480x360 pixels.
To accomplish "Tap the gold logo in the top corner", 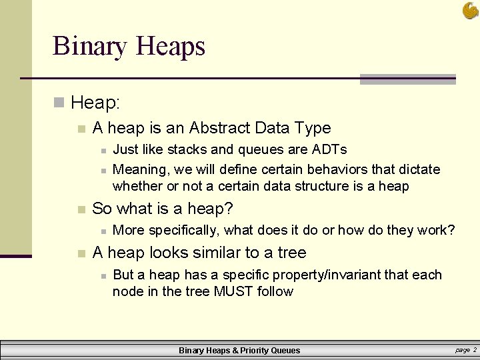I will [470, 11].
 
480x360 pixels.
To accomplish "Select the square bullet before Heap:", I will [59, 103].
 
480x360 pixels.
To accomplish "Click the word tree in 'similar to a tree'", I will [293, 253].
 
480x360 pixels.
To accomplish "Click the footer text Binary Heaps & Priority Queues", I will [239, 351].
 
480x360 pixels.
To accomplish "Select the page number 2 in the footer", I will [474, 349].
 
